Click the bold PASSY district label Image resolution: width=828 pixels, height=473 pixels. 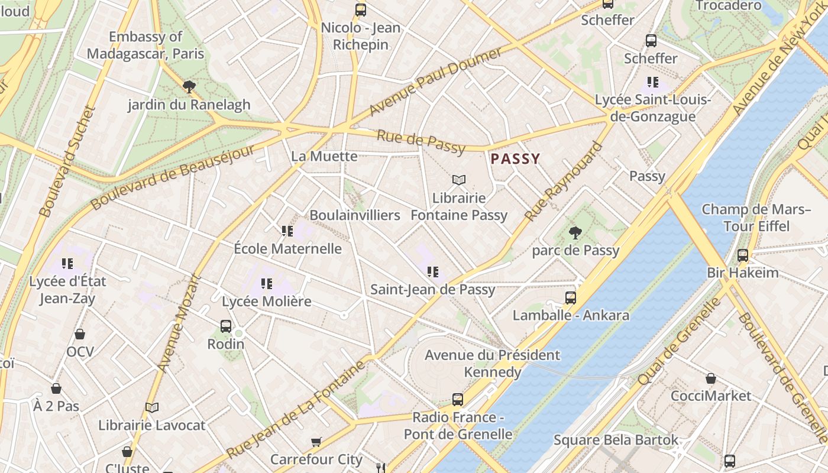[515, 158]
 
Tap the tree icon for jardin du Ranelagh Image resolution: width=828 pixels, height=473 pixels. [189, 88]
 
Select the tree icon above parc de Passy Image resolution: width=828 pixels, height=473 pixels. [574, 233]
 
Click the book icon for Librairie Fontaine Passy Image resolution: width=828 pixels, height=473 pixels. [459, 180]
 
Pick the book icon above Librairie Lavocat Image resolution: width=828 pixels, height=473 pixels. [152, 407]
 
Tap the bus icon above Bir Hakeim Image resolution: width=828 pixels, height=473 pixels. [742, 255]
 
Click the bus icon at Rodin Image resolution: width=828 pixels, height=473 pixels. [226, 326]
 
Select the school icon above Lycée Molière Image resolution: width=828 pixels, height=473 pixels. [266, 284]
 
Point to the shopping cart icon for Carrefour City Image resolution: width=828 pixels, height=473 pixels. [316, 442]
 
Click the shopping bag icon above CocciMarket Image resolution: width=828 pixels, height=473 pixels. [711, 378]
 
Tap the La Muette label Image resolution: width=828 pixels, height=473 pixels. [324, 156]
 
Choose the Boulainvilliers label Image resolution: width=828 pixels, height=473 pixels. [355, 215]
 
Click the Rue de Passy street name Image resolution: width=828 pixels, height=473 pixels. [421, 142]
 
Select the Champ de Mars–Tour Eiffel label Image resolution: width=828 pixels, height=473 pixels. [756, 218]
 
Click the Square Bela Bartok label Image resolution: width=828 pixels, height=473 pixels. [616, 440]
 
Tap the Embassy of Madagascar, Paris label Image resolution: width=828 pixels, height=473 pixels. [145, 45]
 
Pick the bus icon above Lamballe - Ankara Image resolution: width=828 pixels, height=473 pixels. [570, 297]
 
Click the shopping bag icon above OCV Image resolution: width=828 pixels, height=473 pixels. [80, 335]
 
